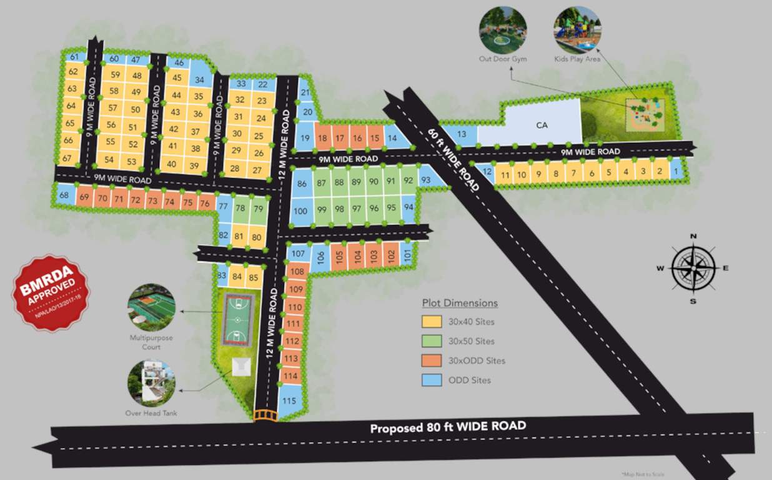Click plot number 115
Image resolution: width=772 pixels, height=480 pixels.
289,401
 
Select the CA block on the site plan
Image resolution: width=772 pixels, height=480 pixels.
542,125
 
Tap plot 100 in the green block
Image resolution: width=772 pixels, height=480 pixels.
300,211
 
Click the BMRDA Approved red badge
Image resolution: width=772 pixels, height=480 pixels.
51,292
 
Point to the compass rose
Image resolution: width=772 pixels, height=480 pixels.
693,268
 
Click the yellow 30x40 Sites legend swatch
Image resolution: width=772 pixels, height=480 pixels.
432,322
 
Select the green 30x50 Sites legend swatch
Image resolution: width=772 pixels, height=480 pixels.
432,341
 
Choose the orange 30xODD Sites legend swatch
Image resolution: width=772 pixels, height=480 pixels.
432,361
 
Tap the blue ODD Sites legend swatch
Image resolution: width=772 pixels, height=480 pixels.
432,380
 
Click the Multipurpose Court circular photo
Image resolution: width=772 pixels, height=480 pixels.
151,307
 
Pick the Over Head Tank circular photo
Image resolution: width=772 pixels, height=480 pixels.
151,382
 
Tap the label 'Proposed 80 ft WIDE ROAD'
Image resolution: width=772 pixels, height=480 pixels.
448,427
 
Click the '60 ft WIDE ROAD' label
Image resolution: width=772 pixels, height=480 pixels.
453,160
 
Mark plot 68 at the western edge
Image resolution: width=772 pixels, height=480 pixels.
64,196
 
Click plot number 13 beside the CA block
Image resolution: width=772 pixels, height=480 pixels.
462,134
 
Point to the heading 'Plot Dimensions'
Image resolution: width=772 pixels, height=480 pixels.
460,303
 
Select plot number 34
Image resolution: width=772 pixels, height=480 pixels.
199,79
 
